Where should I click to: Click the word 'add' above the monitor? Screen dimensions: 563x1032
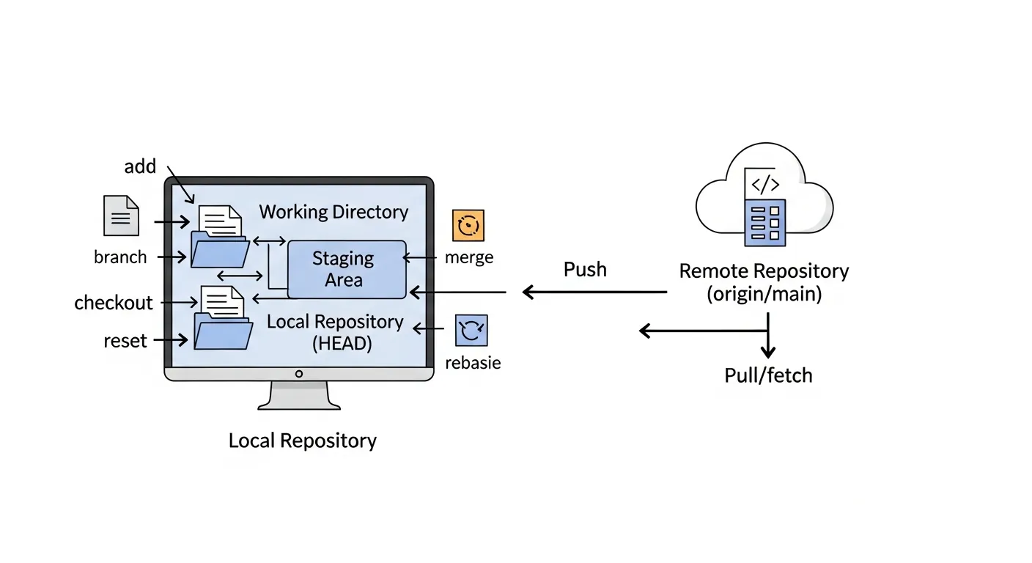coord(140,167)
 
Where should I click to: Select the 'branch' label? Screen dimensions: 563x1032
coord(120,257)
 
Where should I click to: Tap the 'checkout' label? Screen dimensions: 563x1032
coord(114,303)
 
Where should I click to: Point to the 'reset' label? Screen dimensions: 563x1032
coord(125,341)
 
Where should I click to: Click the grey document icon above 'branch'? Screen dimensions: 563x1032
coord(121,216)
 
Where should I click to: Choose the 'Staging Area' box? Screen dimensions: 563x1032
coord(346,269)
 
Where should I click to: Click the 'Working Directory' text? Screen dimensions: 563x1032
coord(333,213)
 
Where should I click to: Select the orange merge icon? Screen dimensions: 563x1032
coord(468,226)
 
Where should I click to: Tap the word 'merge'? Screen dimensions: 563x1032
coord(469,258)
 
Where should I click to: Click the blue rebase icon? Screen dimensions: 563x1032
coord(471,331)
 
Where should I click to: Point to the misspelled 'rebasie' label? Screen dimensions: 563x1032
coord(473,363)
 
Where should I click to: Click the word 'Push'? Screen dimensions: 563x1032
coord(585,270)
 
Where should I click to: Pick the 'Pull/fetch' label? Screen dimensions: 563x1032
coord(768,376)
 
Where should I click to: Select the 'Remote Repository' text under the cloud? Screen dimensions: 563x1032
coord(764,271)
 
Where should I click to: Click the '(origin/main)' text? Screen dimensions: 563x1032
coord(764,295)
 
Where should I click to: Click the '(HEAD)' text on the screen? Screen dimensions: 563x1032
coord(342,344)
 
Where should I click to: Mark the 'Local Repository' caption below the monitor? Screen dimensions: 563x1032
coord(303,441)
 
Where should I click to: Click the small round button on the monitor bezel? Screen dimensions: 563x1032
coord(298,374)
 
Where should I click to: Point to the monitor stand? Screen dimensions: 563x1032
coord(299,396)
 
